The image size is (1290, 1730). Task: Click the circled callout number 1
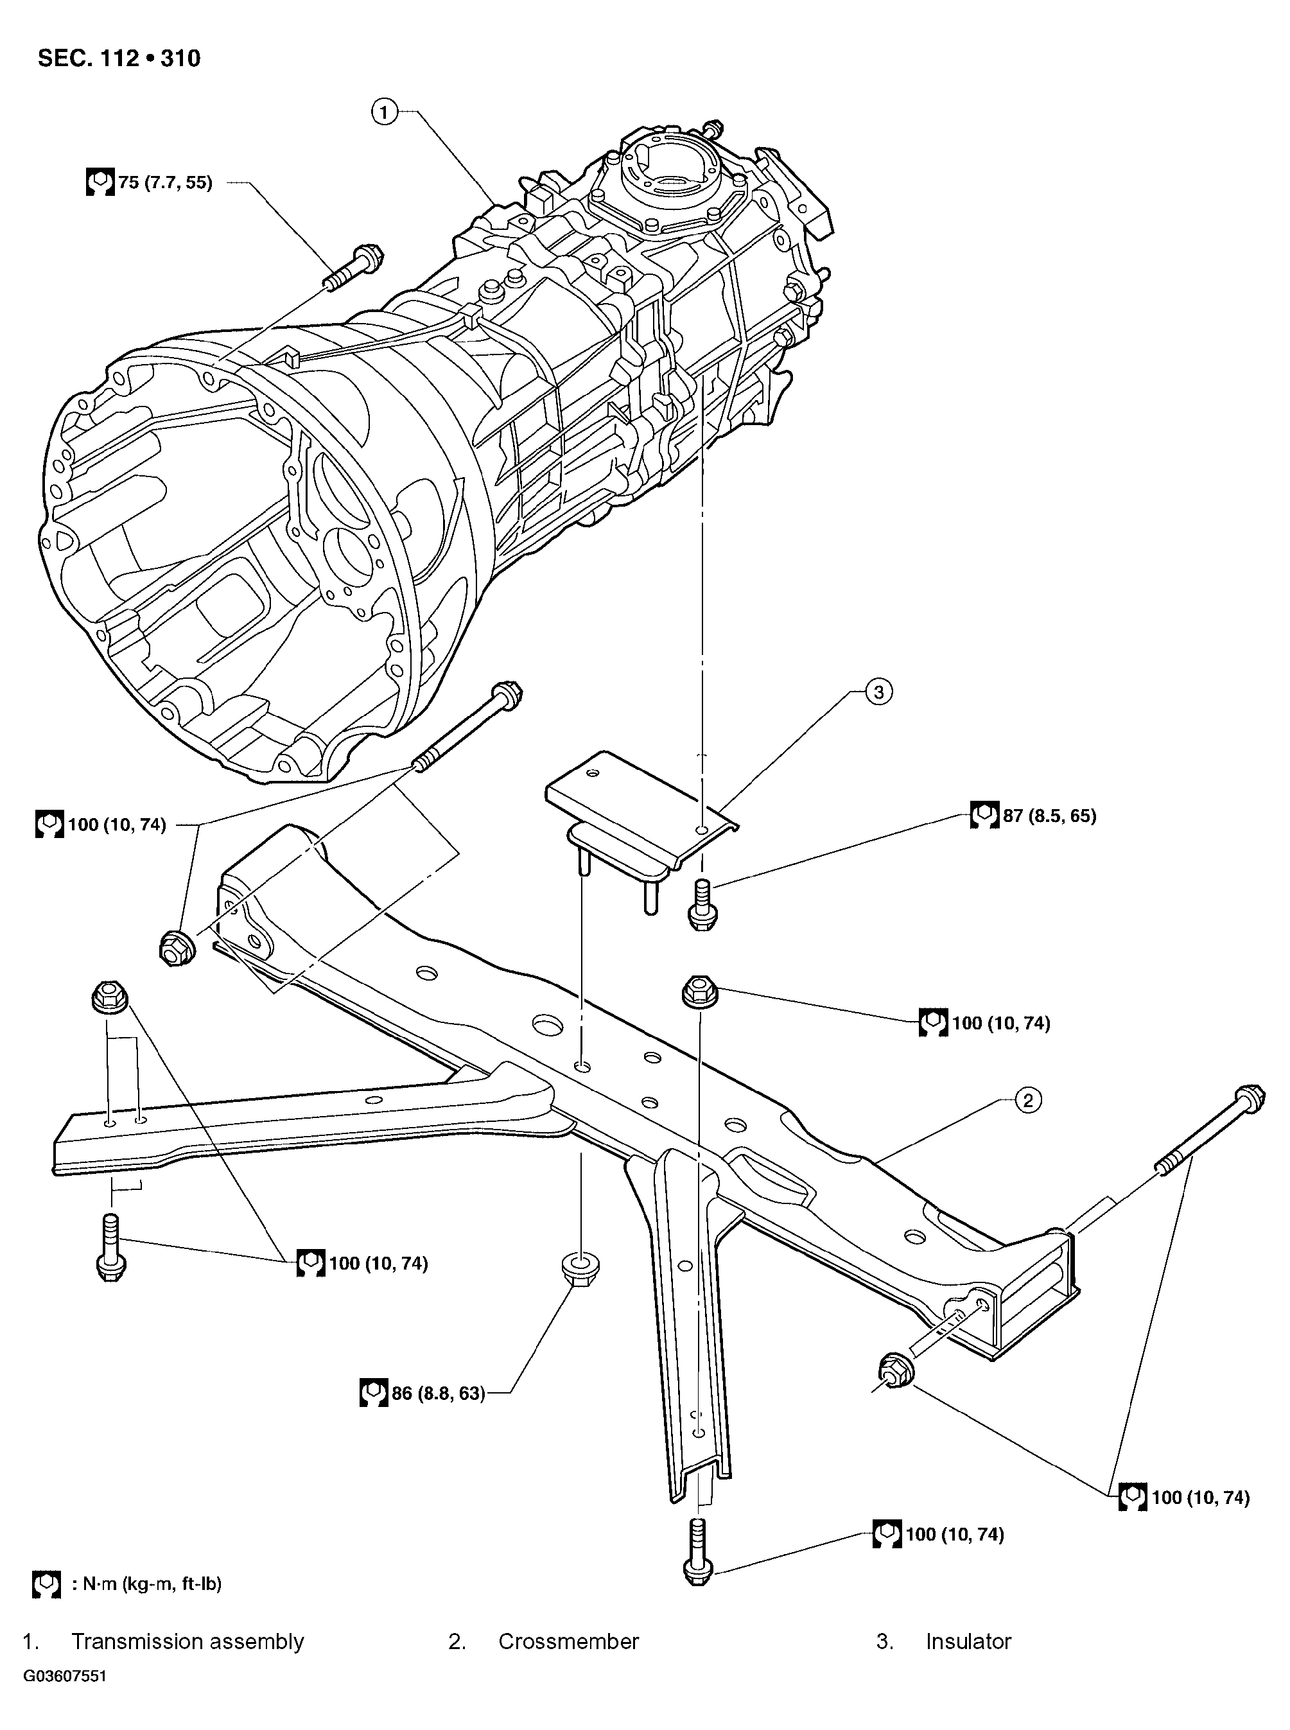(383, 112)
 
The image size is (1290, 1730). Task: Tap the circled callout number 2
(1027, 1101)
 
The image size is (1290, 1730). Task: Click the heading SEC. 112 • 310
(119, 58)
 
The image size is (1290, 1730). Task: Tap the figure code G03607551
(65, 1677)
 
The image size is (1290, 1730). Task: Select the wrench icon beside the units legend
(46, 1584)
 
